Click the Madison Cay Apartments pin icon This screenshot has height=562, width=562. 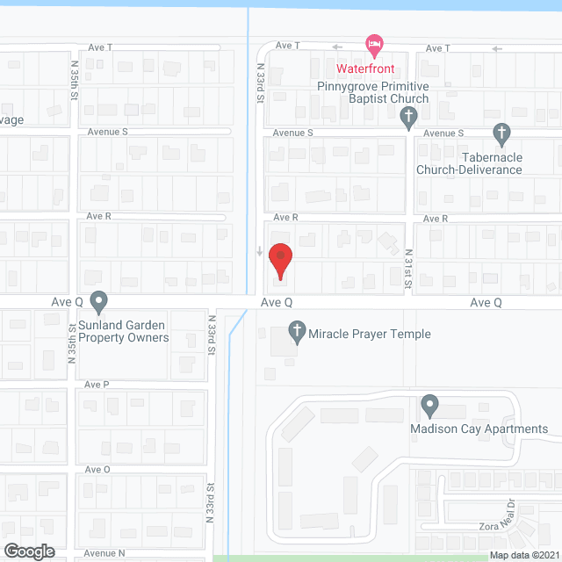click(429, 406)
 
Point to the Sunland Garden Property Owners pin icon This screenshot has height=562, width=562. click(99, 302)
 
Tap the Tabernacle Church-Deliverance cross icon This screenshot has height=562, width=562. click(501, 134)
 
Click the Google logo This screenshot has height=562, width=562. click(28, 551)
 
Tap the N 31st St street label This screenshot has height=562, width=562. click(407, 267)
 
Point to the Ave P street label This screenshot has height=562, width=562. click(97, 385)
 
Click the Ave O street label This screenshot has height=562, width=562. click(97, 470)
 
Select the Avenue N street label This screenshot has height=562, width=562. click(106, 554)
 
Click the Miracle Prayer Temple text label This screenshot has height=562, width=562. click(370, 334)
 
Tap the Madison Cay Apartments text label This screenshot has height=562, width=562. click(479, 429)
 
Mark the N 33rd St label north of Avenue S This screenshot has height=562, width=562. click(260, 83)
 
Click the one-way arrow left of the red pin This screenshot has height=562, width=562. click(259, 253)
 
